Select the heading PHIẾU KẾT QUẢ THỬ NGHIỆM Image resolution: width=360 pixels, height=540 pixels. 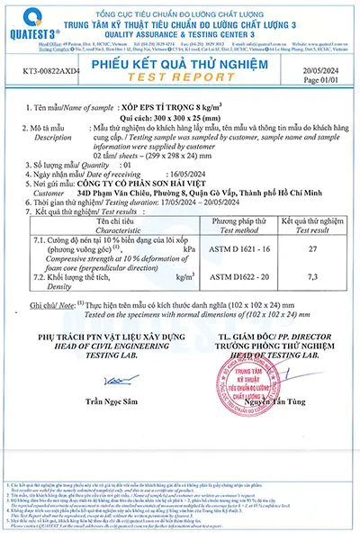(180, 61)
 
